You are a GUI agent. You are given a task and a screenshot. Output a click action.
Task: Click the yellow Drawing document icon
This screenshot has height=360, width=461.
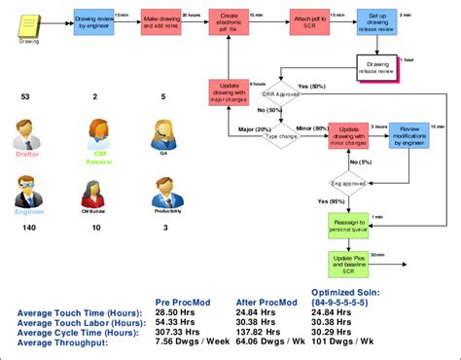[29, 22]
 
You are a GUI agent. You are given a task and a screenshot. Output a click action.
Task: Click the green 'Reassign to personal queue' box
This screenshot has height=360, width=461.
[349, 225]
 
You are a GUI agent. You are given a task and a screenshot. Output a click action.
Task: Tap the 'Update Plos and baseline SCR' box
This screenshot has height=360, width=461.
[349, 263]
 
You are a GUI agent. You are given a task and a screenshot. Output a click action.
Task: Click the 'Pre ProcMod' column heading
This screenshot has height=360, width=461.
[183, 303]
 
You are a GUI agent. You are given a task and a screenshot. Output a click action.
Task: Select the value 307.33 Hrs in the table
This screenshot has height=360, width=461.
[182, 332]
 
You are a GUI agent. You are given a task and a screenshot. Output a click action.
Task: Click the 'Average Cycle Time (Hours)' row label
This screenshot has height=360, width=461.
[78, 332]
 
